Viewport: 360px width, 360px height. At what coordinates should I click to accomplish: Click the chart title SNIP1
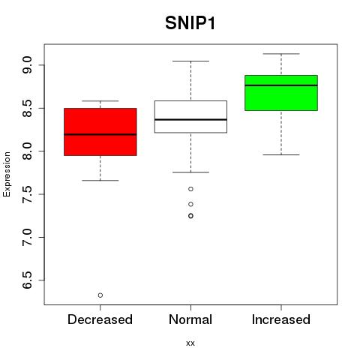(x=190, y=23)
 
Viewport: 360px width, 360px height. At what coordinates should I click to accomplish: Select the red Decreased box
(x=100, y=132)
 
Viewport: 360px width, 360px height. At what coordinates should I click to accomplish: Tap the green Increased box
(x=281, y=93)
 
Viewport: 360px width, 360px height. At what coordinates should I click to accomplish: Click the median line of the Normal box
(x=190, y=119)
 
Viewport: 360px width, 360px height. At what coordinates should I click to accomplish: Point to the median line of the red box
(x=100, y=134)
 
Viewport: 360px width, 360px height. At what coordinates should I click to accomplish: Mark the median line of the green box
(x=281, y=85)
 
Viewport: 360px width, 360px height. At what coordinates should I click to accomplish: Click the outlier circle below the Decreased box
(x=100, y=295)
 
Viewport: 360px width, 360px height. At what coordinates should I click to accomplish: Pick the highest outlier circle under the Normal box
(x=190, y=189)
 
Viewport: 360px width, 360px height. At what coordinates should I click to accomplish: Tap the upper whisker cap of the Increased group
(x=281, y=54)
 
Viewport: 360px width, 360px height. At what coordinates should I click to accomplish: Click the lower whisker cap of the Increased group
(x=281, y=154)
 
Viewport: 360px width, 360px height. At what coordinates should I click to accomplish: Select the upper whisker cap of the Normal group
(x=190, y=61)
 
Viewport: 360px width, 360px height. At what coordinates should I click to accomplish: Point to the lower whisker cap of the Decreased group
(x=100, y=180)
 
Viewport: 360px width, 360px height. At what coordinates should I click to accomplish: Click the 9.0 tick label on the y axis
(x=27, y=65)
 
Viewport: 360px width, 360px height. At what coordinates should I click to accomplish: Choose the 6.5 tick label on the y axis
(x=27, y=280)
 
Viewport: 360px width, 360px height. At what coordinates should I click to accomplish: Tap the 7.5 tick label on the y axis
(x=27, y=194)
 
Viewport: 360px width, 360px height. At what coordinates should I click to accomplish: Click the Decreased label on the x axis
(x=100, y=319)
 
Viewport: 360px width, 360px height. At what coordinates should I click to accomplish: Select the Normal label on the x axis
(x=190, y=319)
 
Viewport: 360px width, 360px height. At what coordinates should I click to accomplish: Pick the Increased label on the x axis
(x=281, y=319)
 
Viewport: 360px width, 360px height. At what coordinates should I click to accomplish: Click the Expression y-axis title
(x=7, y=174)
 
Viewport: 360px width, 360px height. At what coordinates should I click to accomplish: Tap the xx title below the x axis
(x=190, y=343)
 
